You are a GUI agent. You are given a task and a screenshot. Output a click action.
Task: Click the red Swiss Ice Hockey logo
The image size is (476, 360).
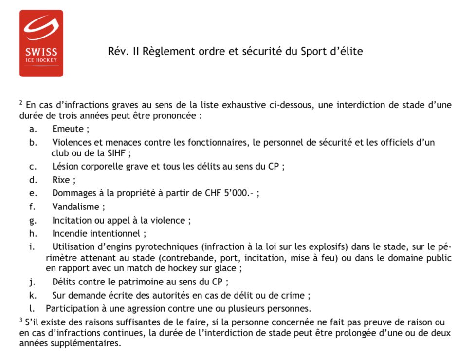pyautogui.click(x=41, y=43)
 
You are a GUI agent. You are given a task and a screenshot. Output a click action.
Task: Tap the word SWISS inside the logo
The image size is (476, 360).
pyautogui.click(x=41, y=52)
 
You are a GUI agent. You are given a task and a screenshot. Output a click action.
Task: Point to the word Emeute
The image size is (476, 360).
pyautogui.click(x=69, y=129)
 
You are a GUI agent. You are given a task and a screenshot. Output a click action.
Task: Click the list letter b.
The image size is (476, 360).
pyautogui.click(x=33, y=142)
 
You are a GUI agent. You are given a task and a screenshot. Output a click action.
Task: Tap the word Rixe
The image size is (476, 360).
pyautogui.click(x=62, y=180)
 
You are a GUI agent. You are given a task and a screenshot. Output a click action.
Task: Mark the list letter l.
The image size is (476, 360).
pyautogui.click(x=32, y=308)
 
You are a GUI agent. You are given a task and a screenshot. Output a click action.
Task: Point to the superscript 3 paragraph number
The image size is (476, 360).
pyautogui.click(x=21, y=321)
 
